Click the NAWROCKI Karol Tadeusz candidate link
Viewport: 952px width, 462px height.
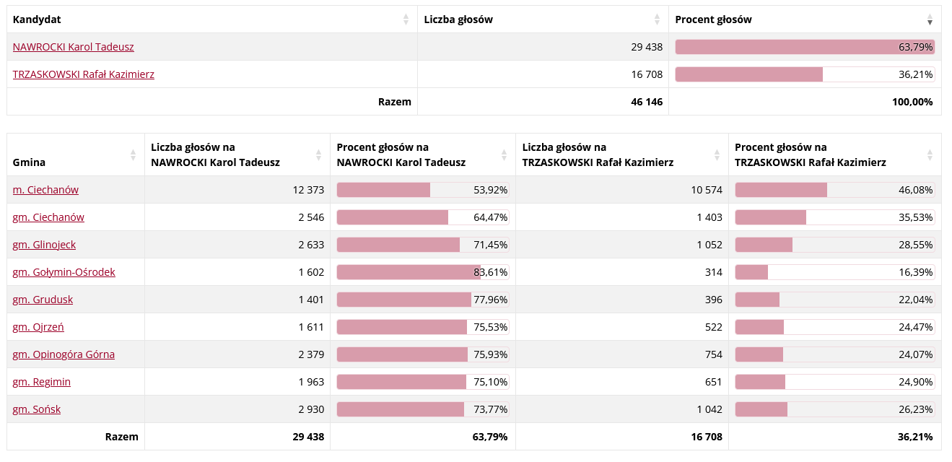[x=73, y=47]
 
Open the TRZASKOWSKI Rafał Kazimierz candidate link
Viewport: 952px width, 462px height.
[x=83, y=74]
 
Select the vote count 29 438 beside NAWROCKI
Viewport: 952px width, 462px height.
[x=646, y=47]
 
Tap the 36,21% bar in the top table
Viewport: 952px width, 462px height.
[x=804, y=74]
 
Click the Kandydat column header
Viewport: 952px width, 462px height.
[x=35, y=19]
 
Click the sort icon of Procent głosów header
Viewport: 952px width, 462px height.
[x=930, y=20]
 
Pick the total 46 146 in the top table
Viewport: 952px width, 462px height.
[x=646, y=102]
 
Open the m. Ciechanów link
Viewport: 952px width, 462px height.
[x=45, y=190]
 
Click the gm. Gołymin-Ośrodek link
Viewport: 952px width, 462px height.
[x=64, y=272]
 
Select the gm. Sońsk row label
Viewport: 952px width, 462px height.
[x=36, y=409]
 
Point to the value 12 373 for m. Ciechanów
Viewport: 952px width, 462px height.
[x=308, y=190]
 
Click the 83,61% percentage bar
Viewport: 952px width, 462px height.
[x=422, y=272]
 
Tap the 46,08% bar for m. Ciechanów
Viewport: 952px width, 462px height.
[x=834, y=190]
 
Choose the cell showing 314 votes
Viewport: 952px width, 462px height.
[x=713, y=272]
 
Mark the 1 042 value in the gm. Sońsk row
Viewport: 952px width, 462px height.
[x=709, y=409]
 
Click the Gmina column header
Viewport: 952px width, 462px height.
[x=29, y=162]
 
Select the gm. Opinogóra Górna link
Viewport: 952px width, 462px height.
[x=64, y=354]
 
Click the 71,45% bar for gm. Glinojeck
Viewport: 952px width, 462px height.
[x=422, y=245]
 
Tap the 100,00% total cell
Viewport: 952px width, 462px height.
[x=912, y=102]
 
